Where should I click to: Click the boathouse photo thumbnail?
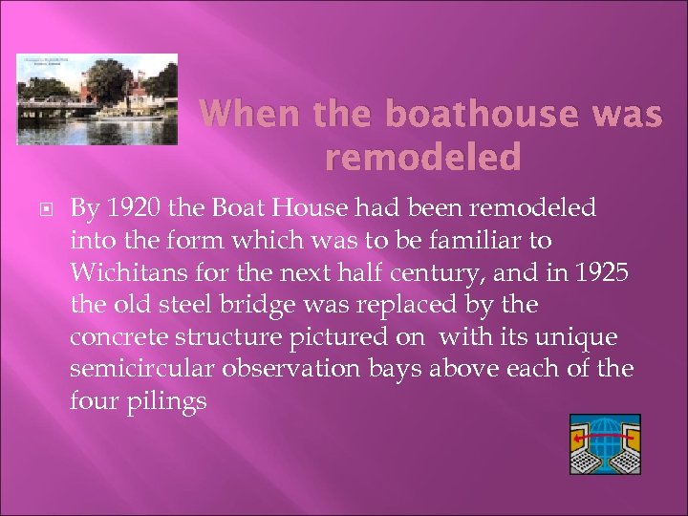tap(97, 99)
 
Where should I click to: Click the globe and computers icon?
tap(604, 444)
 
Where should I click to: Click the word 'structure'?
tap(216, 337)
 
